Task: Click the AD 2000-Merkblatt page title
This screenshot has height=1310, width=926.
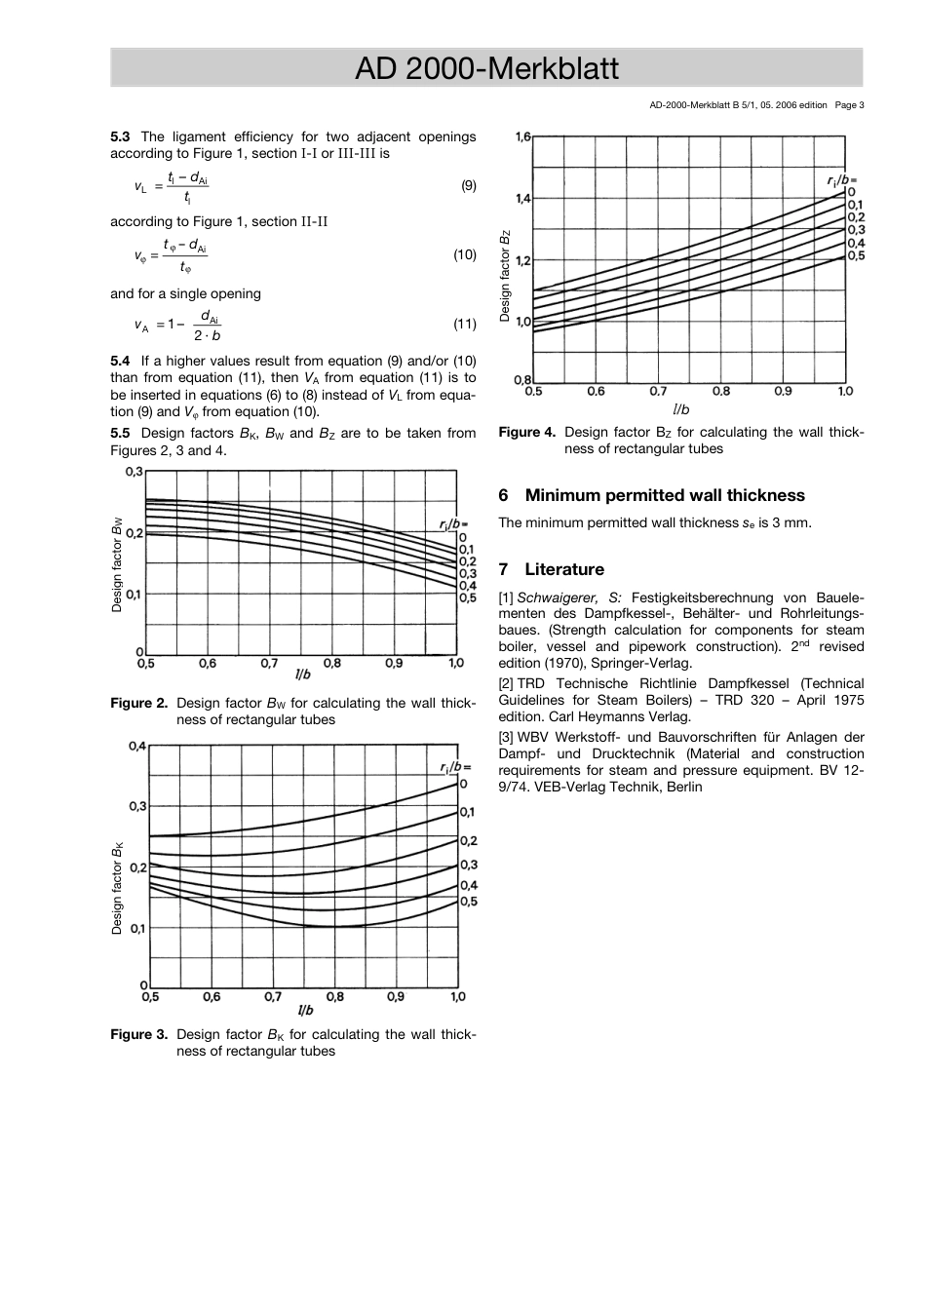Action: (x=486, y=68)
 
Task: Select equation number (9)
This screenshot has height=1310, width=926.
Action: (x=468, y=185)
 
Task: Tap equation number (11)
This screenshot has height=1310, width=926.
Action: (x=465, y=324)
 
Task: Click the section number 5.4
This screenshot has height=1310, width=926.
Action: (x=120, y=361)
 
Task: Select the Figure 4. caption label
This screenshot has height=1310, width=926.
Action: (x=526, y=432)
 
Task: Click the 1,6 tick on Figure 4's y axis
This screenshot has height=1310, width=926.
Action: (x=523, y=137)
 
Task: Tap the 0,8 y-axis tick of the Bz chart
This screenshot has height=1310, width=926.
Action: (x=523, y=379)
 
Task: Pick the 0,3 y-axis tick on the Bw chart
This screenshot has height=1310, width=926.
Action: (x=134, y=472)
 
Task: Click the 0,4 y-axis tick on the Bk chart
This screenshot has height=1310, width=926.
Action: (x=137, y=747)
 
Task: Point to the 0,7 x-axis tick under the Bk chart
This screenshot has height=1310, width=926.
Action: (x=272, y=997)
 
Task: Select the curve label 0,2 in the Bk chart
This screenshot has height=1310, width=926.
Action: (x=468, y=840)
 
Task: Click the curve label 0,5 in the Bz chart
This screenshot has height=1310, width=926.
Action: (x=856, y=255)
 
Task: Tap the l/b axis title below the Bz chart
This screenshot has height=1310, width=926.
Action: (x=680, y=409)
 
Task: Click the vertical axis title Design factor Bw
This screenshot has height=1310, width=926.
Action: (x=117, y=564)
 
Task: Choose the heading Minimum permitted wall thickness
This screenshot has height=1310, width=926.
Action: (x=665, y=495)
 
